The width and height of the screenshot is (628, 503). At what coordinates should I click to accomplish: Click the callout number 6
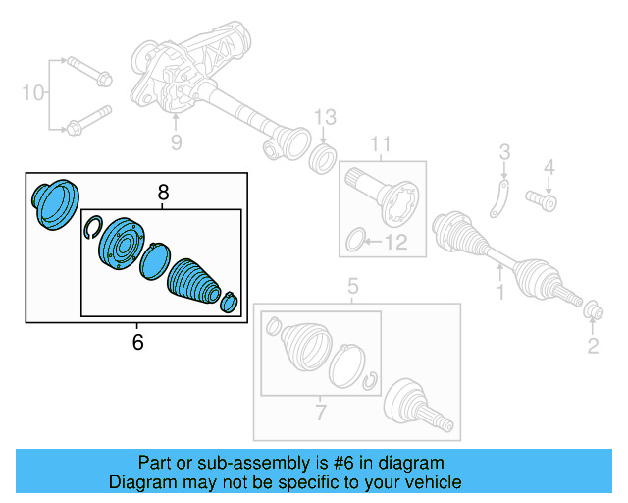[x=137, y=342]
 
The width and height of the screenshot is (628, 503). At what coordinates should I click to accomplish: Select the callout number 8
[x=164, y=194]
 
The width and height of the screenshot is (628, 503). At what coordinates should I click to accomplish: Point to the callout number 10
[x=33, y=93]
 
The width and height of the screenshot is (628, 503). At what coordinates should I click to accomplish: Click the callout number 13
[x=325, y=119]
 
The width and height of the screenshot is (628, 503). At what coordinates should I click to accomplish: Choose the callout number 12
[x=398, y=242]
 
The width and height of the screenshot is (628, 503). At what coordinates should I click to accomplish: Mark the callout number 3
[x=504, y=151]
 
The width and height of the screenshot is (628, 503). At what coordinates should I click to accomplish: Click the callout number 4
[x=549, y=166]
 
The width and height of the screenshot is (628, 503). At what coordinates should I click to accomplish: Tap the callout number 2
[x=592, y=344]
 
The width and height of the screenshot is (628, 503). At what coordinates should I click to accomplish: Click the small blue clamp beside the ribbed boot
[x=230, y=302]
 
